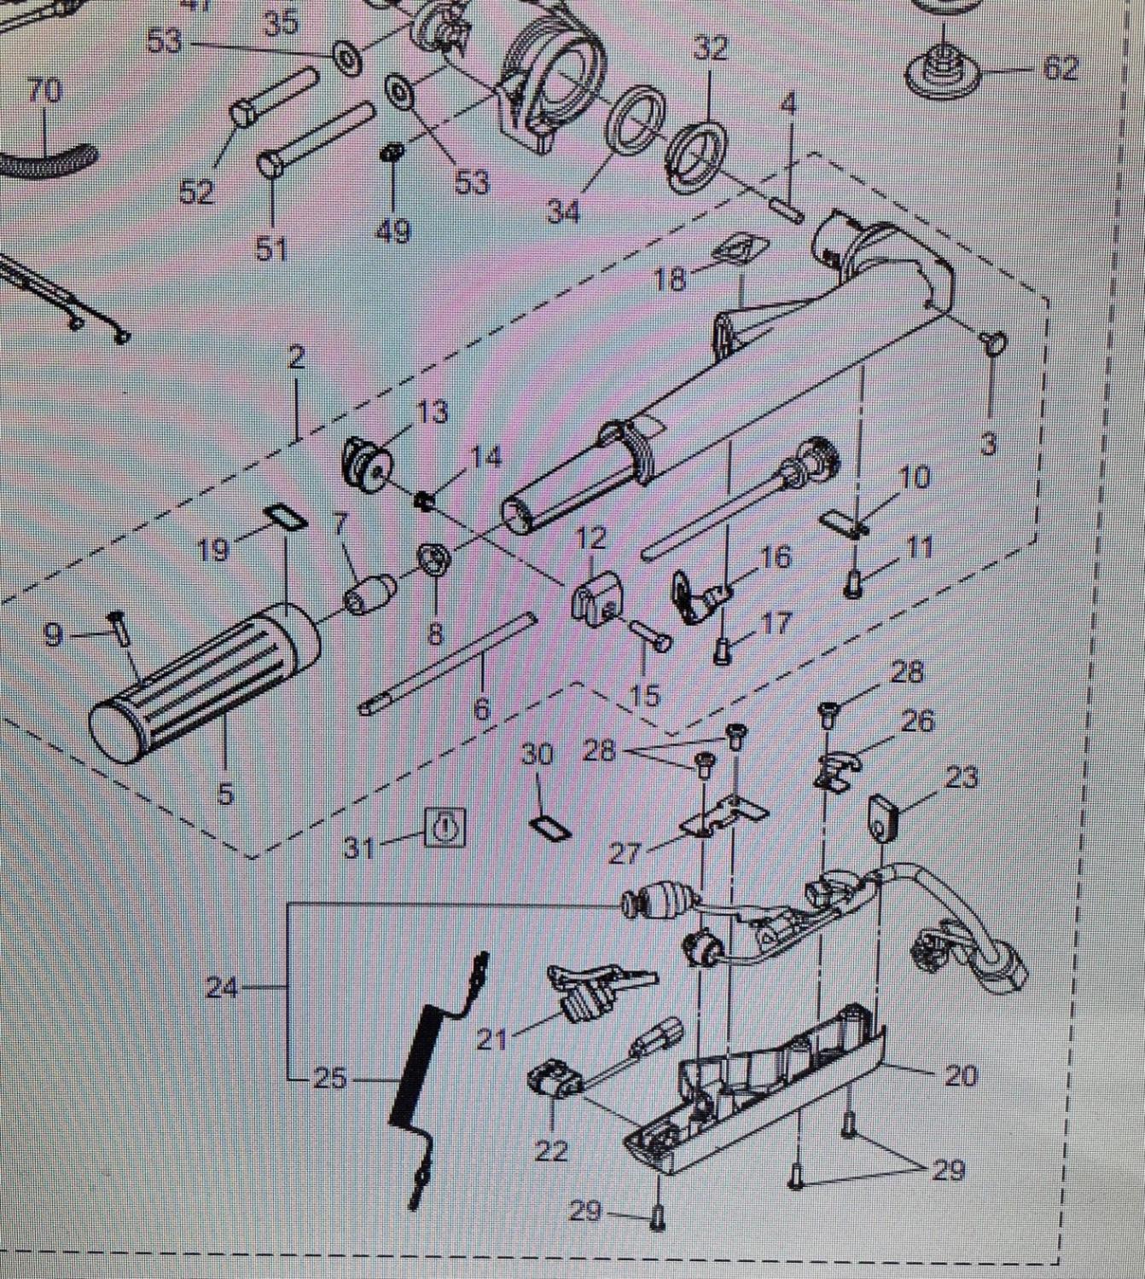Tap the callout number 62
(x=1061, y=69)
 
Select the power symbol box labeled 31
(x=446, y=827)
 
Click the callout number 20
(x=960, y=1076)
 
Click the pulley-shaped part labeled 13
(x=364, y=465)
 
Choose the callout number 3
(x=988, y=444)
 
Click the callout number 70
(x=44, y=90)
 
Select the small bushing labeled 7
(x=369, y=594)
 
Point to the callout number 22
(x=550, y=1151)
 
